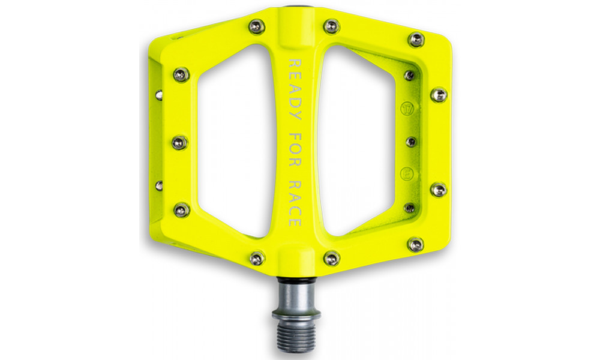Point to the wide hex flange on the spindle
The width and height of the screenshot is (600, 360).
coord(295,314)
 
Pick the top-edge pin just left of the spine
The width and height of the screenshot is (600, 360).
coord(257,26)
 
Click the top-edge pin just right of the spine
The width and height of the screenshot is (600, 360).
coord(331,26)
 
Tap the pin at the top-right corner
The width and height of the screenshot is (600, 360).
coord(416,40)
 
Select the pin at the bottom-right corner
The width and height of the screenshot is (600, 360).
coord(415,244)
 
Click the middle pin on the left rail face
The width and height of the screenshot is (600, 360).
coord(180,143)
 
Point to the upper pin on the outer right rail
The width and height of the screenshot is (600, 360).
coord(439,95)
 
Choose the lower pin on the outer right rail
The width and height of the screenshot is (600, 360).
coord(439,190)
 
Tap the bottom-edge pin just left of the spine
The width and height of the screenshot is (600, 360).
coord(257,258)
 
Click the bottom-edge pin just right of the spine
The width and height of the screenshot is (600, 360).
coord(331,258)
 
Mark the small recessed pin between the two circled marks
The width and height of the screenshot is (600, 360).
coord(410,142)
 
